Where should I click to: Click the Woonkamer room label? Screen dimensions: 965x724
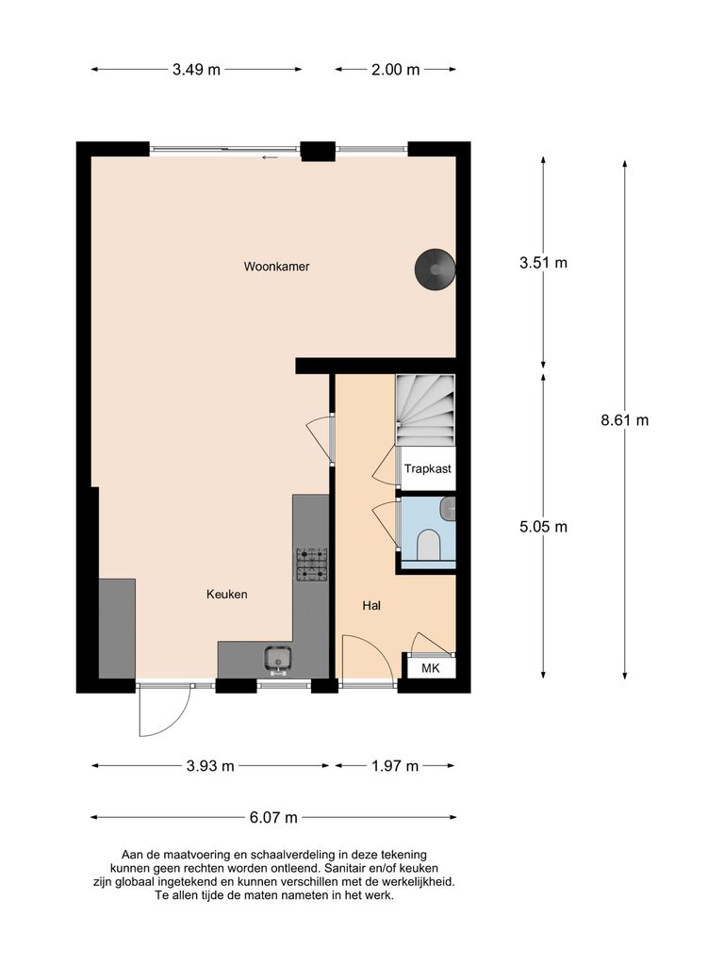(276, 267)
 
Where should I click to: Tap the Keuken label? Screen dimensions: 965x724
(226, 594)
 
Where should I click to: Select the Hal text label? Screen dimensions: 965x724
(370, 605)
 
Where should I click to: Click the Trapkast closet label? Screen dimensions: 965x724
(427, 468)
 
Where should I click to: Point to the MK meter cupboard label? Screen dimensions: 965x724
(430, 668)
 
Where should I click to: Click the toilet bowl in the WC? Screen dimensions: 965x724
(428, 544)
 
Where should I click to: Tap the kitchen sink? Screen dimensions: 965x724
(278, 659)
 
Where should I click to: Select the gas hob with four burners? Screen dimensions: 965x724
(312, 563)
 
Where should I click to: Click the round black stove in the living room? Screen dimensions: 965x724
(435, 268)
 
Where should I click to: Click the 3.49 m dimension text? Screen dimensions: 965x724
(196, 70)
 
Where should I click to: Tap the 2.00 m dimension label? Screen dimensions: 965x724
(396, 70)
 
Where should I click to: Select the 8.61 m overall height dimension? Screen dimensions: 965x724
(625, 420)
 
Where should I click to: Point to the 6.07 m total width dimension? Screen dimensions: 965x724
(273, 817)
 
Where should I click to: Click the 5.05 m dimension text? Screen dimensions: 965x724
(543, 527)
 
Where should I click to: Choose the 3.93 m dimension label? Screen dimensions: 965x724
(210, 766)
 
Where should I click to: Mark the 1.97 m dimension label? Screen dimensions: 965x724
(395, 766)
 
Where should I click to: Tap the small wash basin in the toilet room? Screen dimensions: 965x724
(450, 510)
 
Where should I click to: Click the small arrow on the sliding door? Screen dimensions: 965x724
(271, 157)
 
